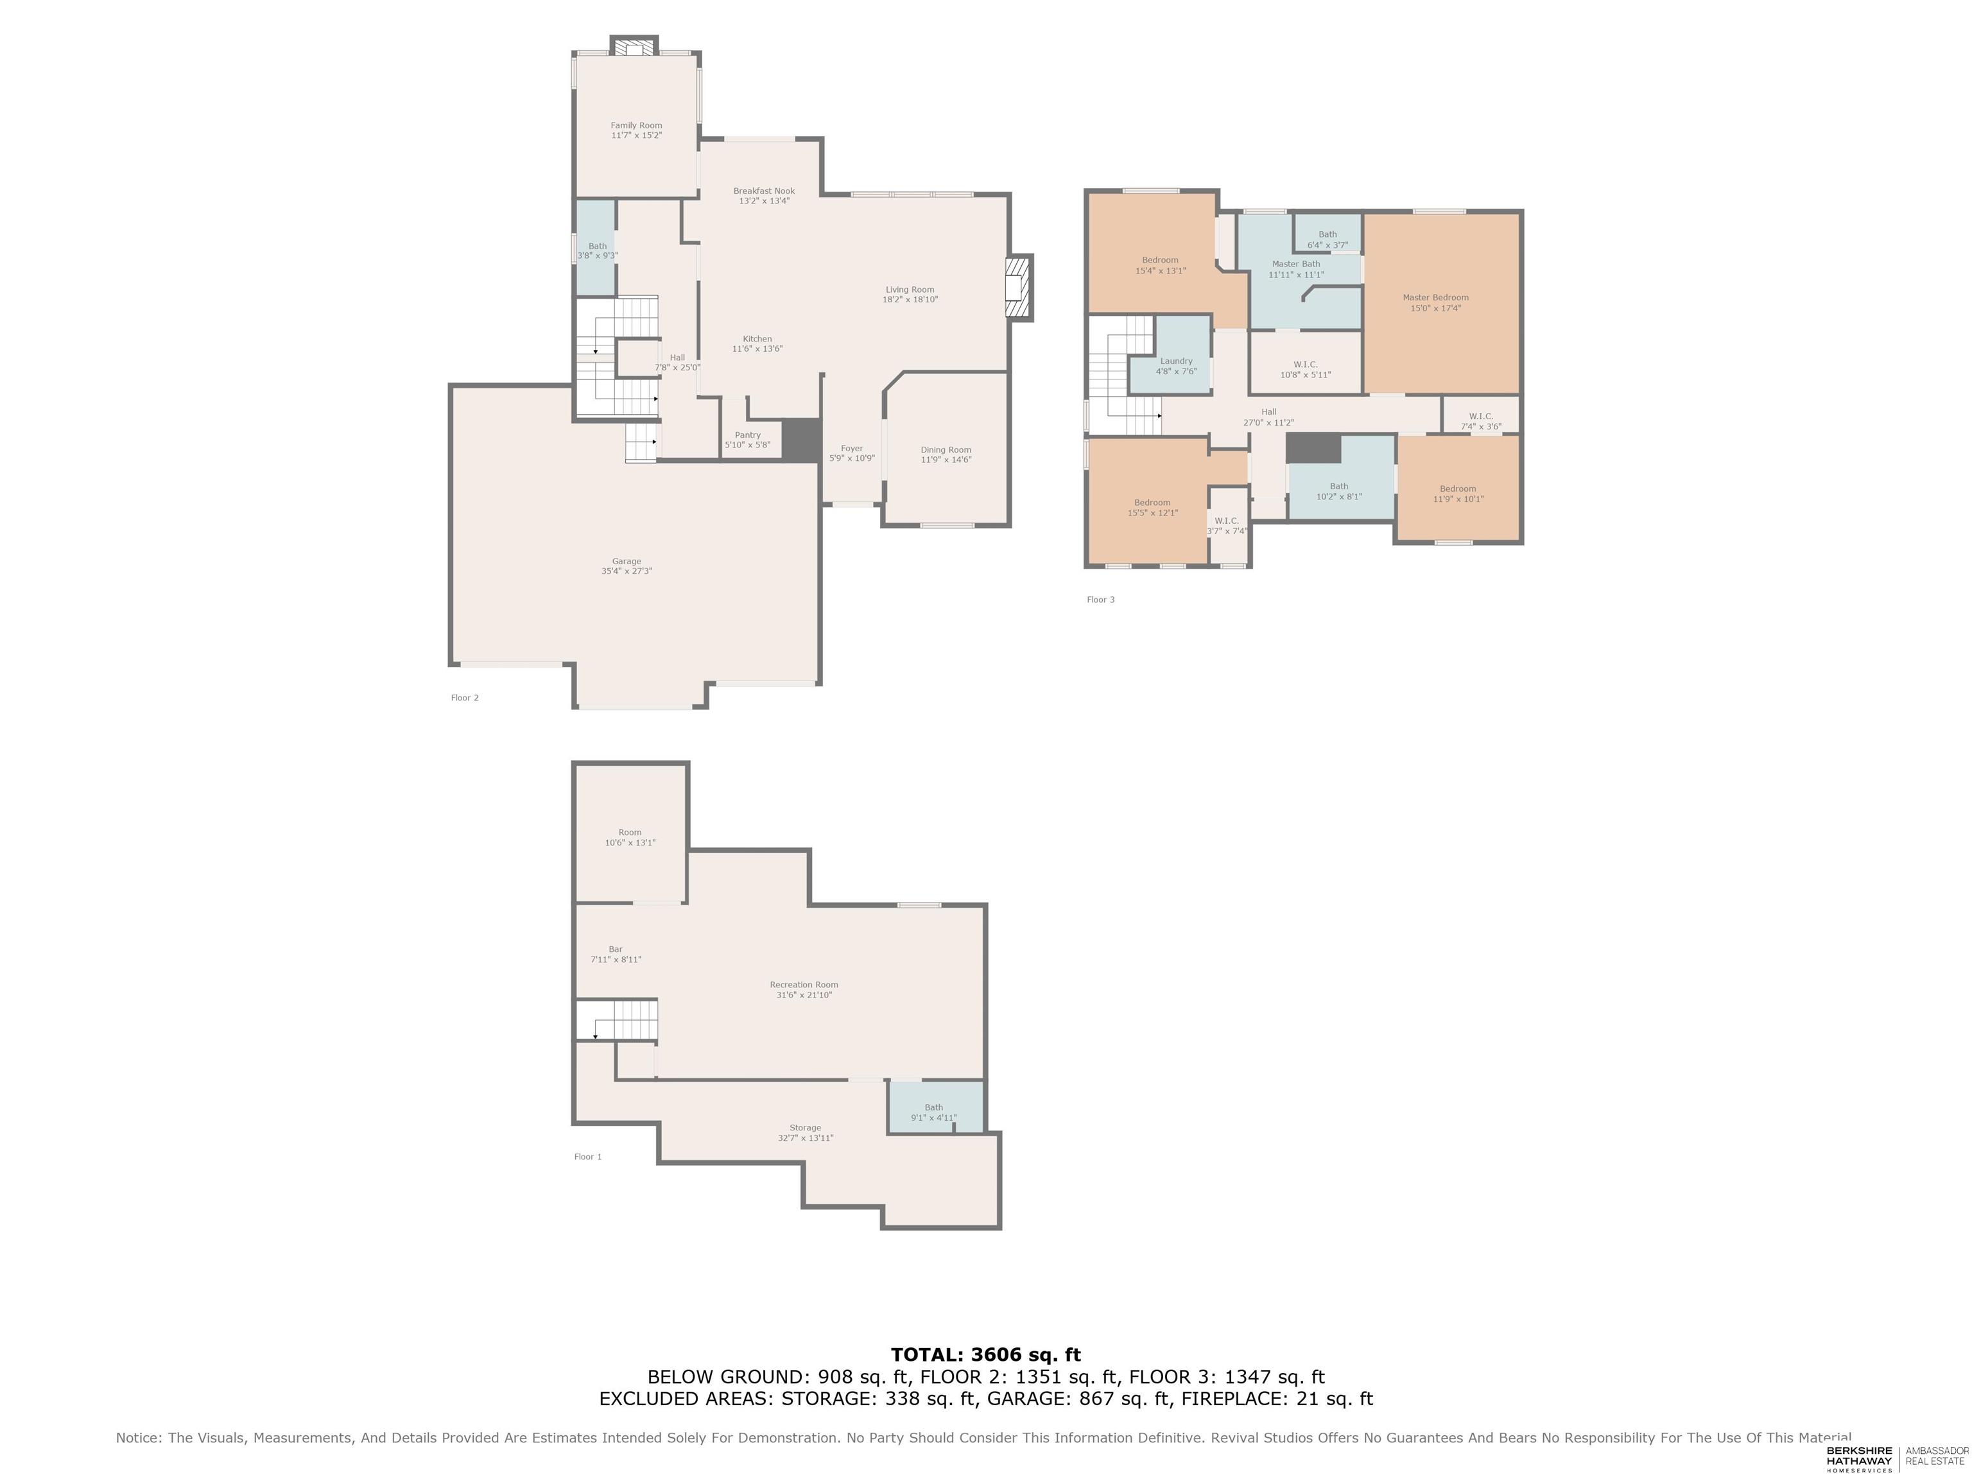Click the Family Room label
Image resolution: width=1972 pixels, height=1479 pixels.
point(636,126)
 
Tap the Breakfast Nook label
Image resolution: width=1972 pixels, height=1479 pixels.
point(764,191)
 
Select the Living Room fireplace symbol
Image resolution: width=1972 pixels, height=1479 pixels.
point(1016,287)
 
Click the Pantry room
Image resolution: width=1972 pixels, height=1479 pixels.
point(747,440)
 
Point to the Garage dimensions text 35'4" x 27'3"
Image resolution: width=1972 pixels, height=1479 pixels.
point(626,571)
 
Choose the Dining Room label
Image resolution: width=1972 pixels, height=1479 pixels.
point(945,450)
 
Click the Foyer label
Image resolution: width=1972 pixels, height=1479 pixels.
point(851,449)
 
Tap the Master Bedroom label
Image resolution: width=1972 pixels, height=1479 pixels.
point(1435,298)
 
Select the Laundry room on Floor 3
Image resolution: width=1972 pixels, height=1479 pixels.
point(1175,365)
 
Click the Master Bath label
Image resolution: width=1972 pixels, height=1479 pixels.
point(1295,264)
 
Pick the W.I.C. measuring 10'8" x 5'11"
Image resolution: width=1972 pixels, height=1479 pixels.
point(1304,369)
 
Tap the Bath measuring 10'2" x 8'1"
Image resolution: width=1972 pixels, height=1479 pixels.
point(1338,491)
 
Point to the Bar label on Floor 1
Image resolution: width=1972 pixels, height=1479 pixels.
point(615,949)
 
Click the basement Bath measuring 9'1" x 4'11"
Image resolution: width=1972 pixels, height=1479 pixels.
point(933,1112)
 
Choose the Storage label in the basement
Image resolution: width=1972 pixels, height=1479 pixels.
point(804,1128)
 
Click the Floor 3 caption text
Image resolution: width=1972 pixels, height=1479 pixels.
point(1100,600)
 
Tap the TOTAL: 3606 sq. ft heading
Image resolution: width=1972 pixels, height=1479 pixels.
point(985,1355)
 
